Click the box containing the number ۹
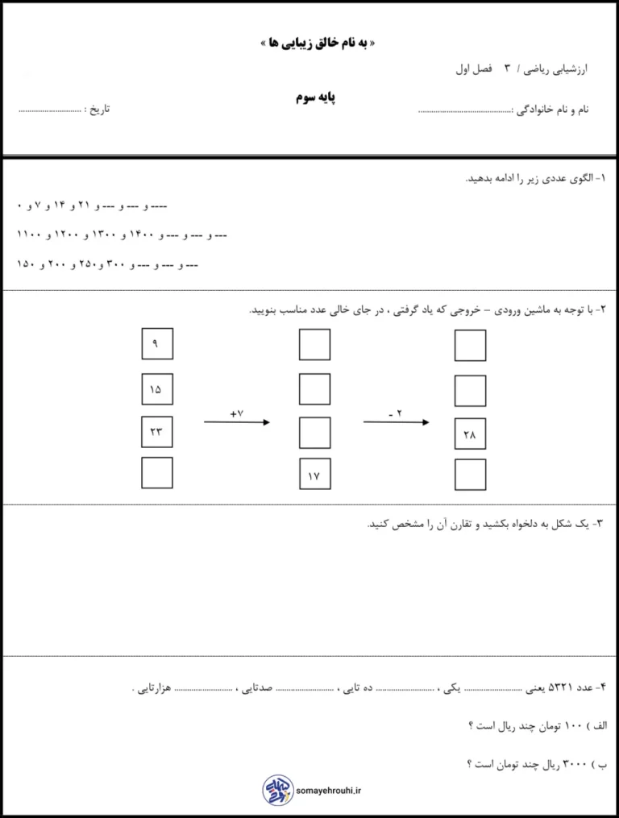pos(156,345)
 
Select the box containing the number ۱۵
pos(156,389)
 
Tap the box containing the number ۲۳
pos(156,432)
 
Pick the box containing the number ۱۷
pos(314,475)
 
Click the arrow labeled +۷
pos(236,421)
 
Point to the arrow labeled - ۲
pos(395,421)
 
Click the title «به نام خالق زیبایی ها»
pos(310,44)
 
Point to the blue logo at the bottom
pos(276,790)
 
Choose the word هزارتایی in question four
pos(151,689)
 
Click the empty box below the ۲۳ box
pos(156,473)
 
